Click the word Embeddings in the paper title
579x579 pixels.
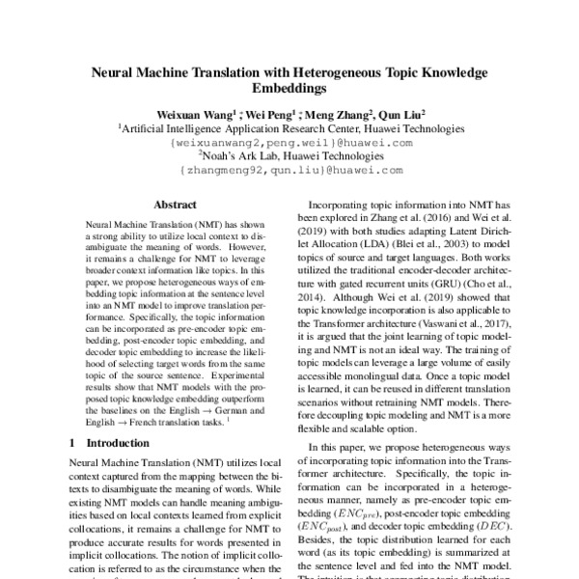pyautogui.click(x=289, y=88)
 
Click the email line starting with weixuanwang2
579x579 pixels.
pyautogui.click(x=289, y=142)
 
